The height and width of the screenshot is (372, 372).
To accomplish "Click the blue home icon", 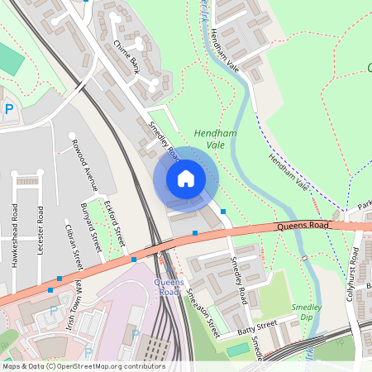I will click(185, 178).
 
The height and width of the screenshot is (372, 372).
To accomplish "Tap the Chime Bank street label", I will click(126, 57).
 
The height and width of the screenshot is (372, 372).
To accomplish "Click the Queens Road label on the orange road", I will click(303, 225).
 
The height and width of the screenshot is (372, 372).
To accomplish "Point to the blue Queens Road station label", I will click(169, 287).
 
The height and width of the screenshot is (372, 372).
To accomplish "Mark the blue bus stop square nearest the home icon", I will click(222, 212).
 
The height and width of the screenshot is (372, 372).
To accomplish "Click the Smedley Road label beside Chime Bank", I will click(164, 141).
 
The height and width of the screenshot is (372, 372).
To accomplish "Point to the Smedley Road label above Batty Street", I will click(240, 279).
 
